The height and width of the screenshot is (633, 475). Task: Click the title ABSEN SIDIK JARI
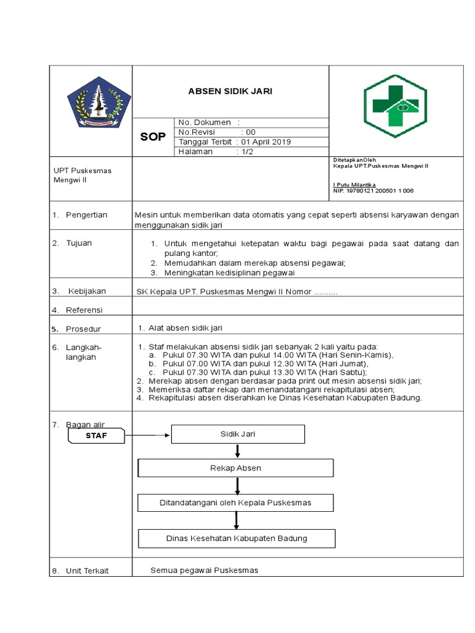pos(230,91)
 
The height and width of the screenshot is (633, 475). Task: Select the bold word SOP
pos(153,137)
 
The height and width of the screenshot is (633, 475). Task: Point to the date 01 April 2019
pos(265,142)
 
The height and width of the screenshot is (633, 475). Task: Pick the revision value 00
pos(250,132)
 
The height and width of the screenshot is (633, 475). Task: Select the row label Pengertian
pos(87,215)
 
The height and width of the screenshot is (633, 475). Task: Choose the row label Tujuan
pos(79,243)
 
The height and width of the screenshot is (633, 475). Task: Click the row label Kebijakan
pos(86,291)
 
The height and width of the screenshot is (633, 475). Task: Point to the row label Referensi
pos(85,310)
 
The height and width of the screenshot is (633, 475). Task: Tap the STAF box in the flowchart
pos(96,437)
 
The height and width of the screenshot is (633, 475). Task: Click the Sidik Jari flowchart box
pos(237,434)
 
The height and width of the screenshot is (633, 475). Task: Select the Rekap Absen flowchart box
pos(236,468)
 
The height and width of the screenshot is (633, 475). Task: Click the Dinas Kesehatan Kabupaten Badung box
pos(237,538)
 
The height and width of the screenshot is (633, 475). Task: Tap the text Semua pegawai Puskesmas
pos(204,570)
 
